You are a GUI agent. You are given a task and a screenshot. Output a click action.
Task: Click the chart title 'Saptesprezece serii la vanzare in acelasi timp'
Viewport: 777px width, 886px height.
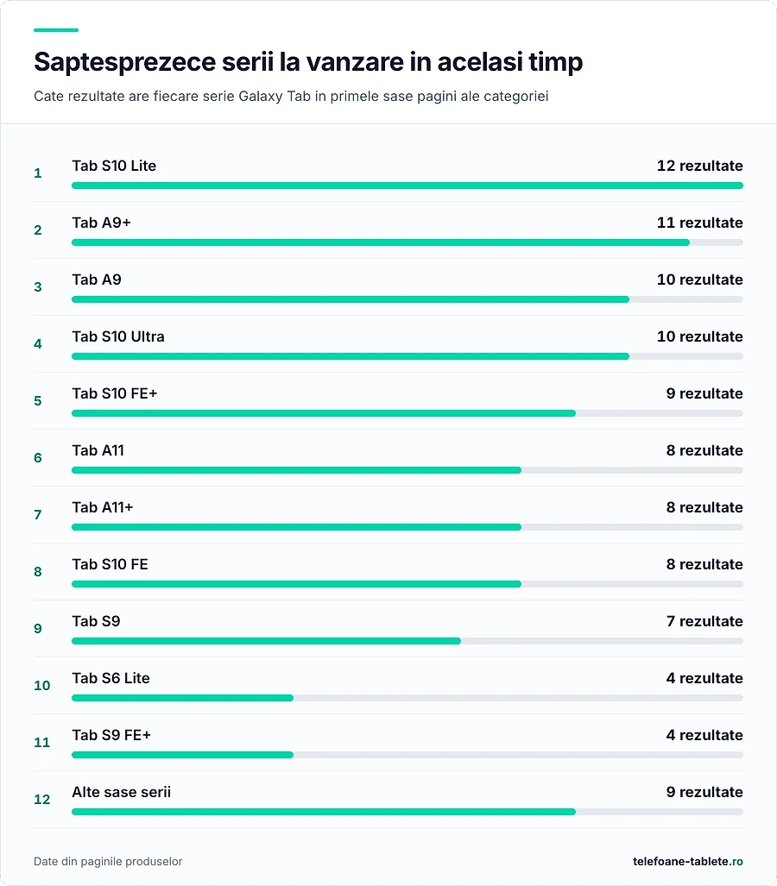(x=308, y=62)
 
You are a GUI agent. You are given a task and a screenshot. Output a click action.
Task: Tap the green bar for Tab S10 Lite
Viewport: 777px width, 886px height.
(x=407, y=185)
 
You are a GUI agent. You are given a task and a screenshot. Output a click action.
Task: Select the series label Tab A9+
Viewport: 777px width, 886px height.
(x=101, y=223)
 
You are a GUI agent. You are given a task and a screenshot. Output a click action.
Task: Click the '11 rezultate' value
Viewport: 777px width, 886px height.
(x=699, y=223)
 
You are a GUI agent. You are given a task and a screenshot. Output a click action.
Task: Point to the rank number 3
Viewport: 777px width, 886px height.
(x=38, y=287)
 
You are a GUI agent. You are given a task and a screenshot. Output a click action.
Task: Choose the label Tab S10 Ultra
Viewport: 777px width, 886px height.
(x=118, y=336)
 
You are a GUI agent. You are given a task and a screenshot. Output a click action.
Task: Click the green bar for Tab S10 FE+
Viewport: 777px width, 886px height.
(x=324, y=413)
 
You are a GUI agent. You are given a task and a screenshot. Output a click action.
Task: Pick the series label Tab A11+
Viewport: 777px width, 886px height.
(x=103, y=507)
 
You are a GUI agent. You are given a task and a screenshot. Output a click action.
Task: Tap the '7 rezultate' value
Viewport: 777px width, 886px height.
(x=704, y=621)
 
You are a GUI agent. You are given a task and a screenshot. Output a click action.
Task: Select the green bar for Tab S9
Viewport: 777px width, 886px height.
(x=267, y=641)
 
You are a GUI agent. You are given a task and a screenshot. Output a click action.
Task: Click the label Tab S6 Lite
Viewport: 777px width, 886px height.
(x=111, y=678)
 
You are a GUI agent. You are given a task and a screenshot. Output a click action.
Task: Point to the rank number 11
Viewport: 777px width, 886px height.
(x=41, y=743)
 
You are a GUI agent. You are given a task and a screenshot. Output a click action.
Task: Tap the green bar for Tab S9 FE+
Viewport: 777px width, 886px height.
(x=183, y=755)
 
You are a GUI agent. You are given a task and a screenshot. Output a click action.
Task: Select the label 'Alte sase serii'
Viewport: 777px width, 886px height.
(x=121, y=792)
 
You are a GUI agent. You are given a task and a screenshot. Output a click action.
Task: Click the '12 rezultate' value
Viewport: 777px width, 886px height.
(x=699, y=166)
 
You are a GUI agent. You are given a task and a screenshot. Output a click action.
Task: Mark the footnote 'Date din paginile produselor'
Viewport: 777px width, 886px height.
(x=108, y=861)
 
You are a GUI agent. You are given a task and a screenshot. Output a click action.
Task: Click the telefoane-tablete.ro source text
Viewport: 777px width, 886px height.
(x=688, y=861)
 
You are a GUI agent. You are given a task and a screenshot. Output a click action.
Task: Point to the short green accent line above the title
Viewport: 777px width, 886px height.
(x=56, y=30)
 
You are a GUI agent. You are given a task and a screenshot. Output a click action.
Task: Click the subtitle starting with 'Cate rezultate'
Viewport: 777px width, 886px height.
(x=291, y=96)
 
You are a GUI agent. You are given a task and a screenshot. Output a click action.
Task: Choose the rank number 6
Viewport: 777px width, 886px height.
(x=38, y=458)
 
